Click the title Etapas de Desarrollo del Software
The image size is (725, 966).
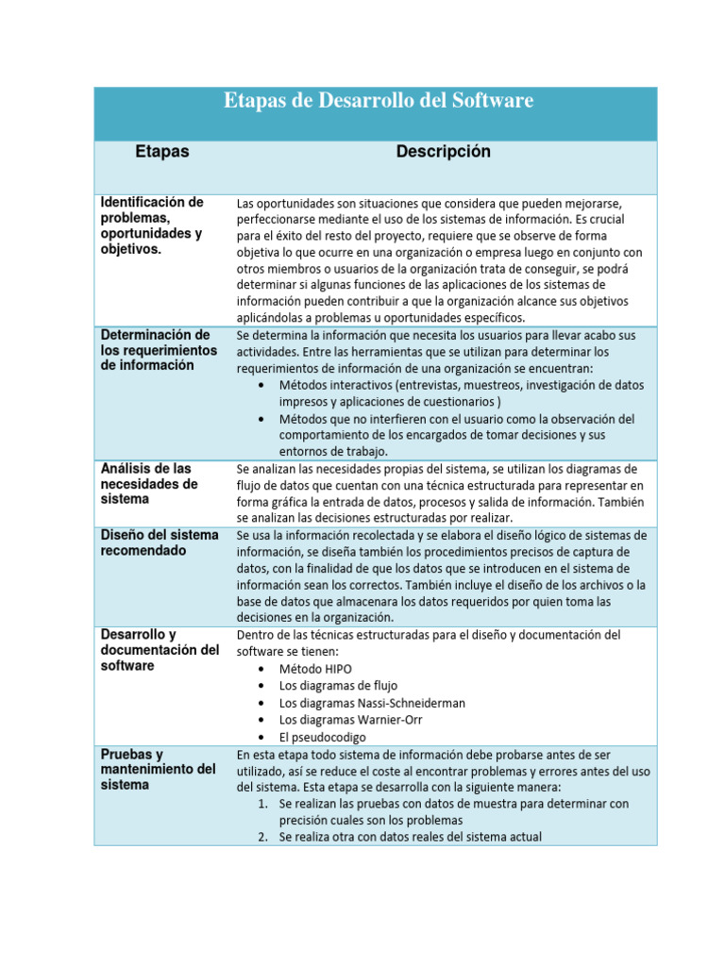pyautogui.click(x=379, y=101)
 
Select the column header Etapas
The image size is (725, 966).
pyautogui.click(x=161, y=152)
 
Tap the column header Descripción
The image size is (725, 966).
pyautogui.click(x=443, y=152)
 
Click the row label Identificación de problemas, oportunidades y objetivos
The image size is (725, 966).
pyautogui.click(x=152, y=225)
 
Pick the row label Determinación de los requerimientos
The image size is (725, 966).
pyautogui.click(x=156, y=350)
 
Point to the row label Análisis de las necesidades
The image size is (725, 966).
pyautogui.click(x=149, y=483)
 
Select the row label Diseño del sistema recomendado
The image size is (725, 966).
pyautogui.click(x=160, y=542)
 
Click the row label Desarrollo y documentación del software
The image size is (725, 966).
pyautogui.click(x=160, y=650)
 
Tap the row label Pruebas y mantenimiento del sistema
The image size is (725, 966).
pyautogui.click(x=159, y=770)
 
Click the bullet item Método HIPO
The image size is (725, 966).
pyautogui.click(x=315, y=669)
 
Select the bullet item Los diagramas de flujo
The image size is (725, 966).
pyautogui.click(x=338, y=686)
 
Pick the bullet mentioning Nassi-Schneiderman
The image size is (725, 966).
pyautogui.click(x=371, y=703)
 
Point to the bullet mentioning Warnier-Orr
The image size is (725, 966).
pyautogui.click(x=350, y=720)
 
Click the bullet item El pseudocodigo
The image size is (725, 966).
pyautogui.click(x=322, y=737)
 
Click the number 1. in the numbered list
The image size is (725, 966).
pyautogui.click(x=263, y=804)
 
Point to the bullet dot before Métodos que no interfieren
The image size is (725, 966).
pyautogui.click(x=261, y=419)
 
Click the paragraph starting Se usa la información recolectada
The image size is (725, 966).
pyautogui.click(x=441, y=575)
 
